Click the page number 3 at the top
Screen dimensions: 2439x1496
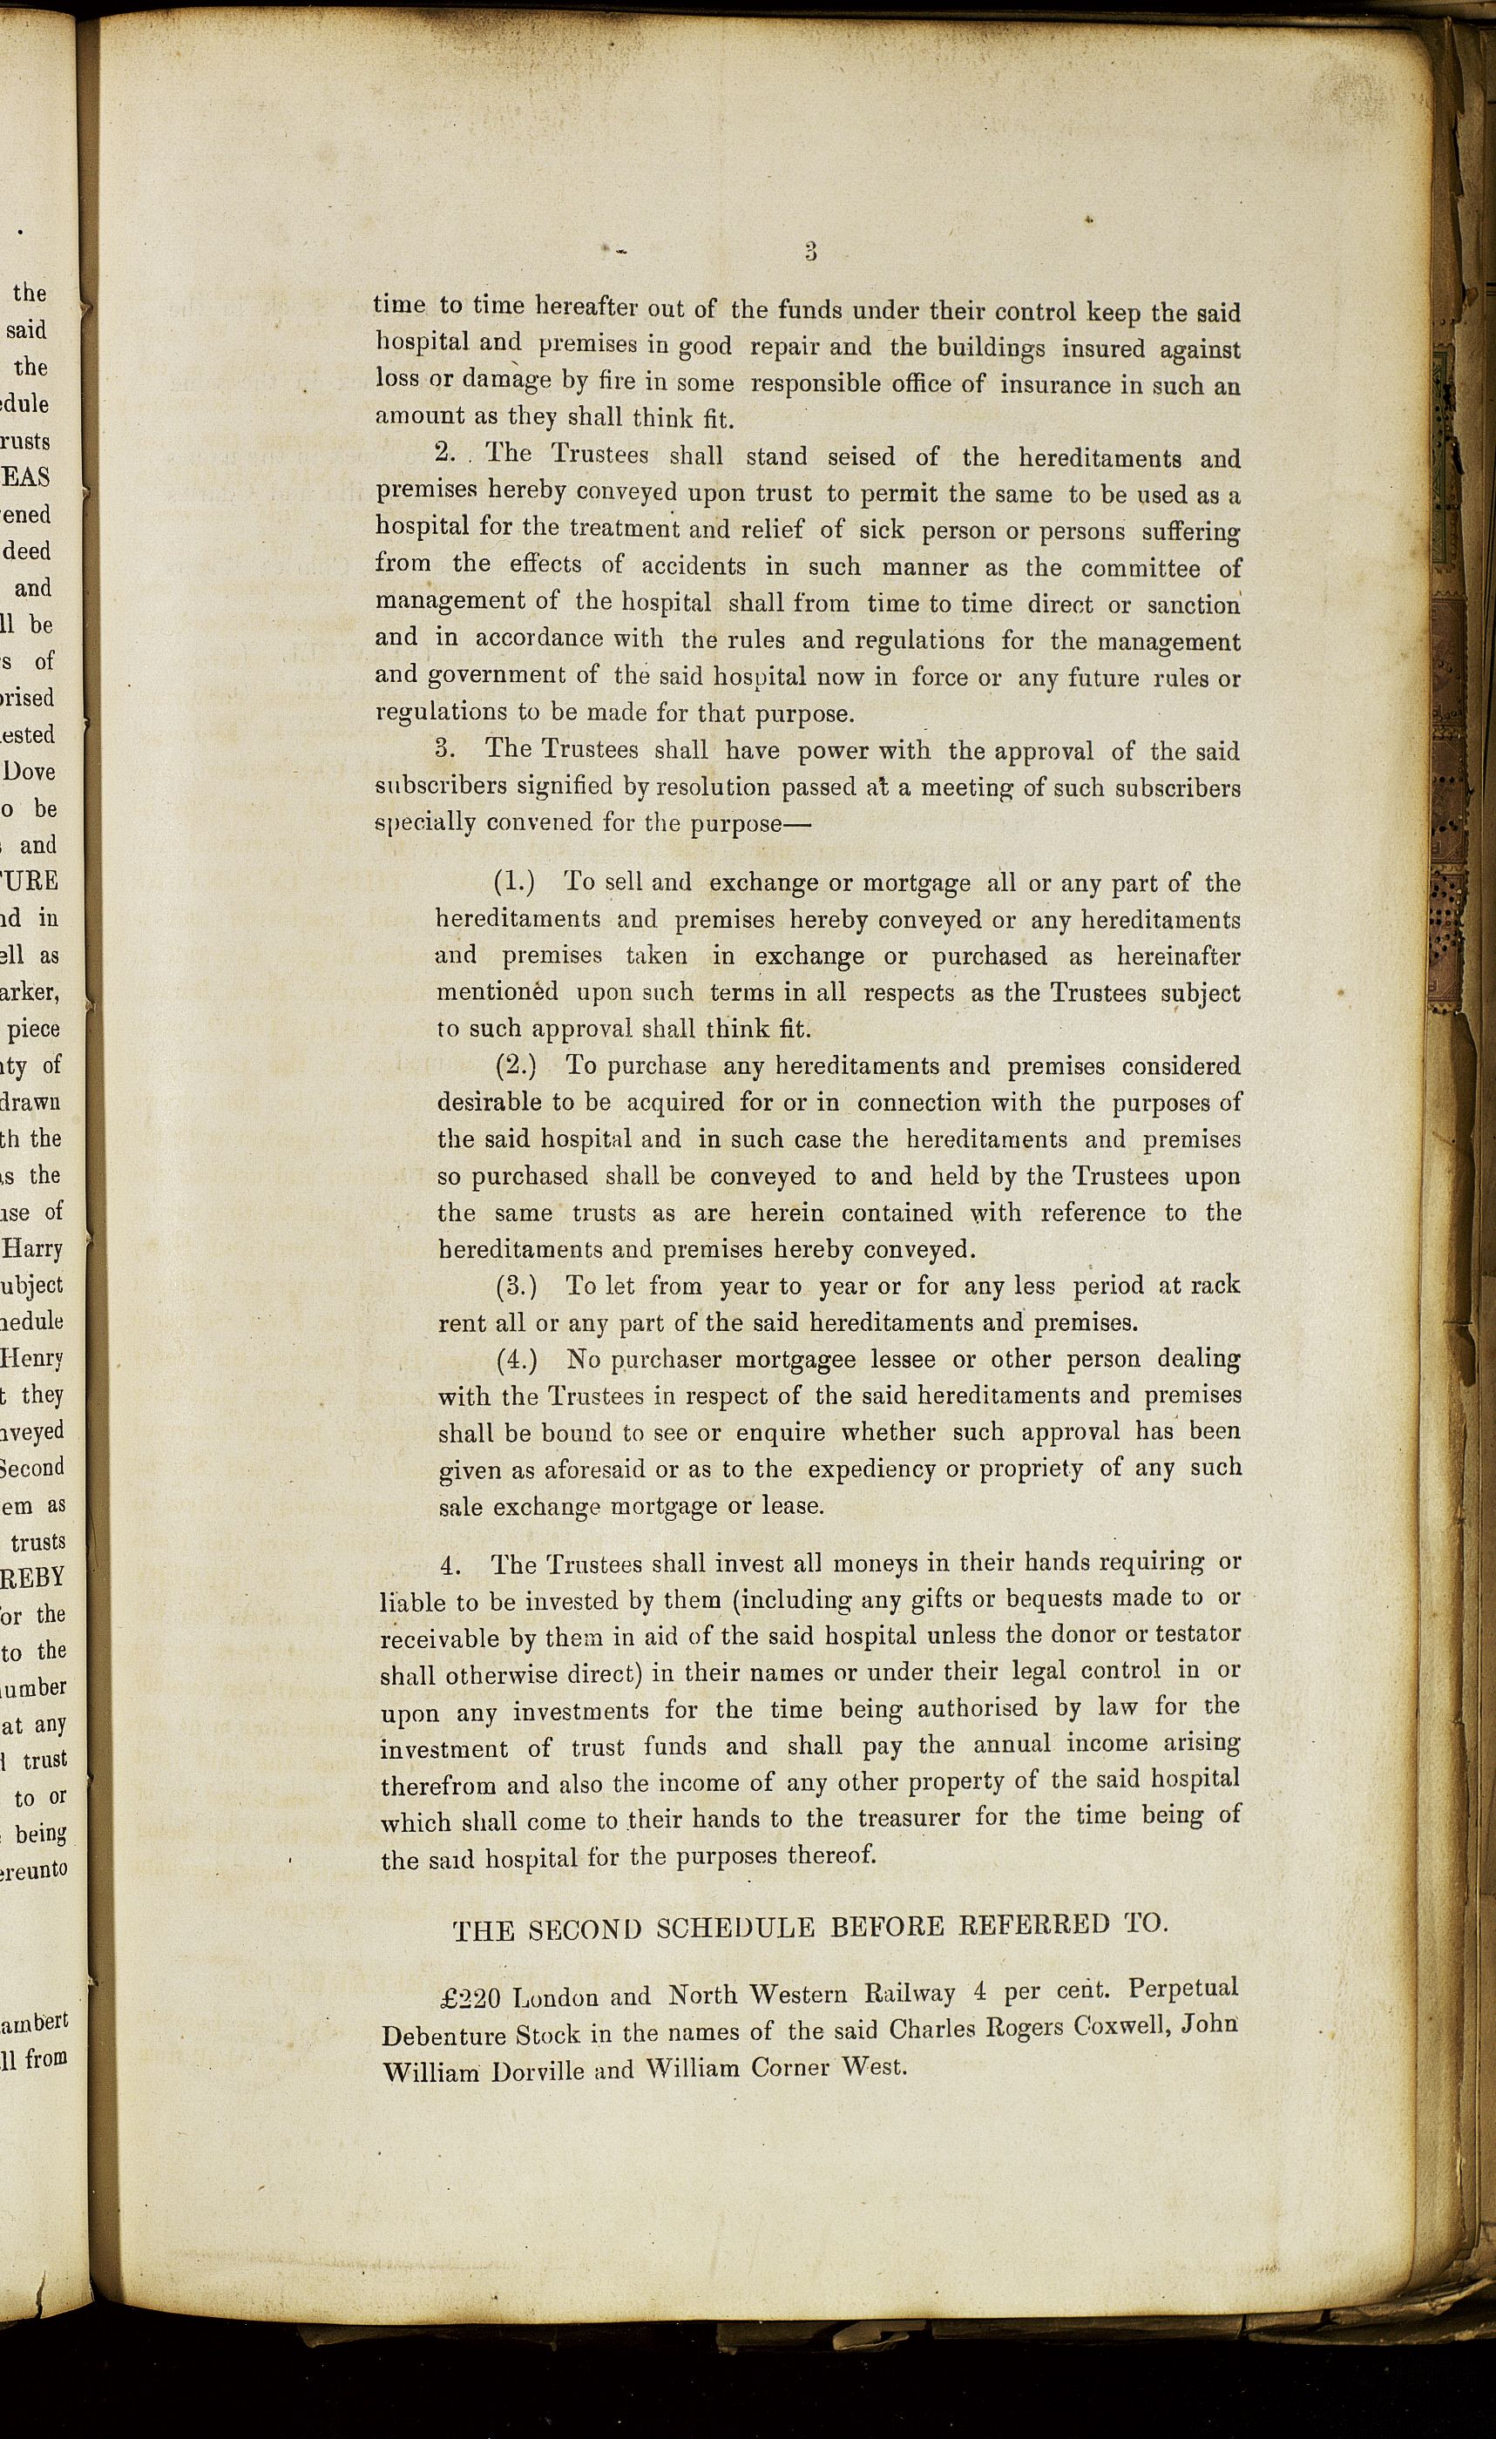click(x=810, y=252)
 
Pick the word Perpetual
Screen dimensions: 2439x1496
click(x=1183, y=1988)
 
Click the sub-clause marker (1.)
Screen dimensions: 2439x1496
click(x=515, y=882)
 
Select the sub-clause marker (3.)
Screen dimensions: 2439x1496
click(x=516, y=1286)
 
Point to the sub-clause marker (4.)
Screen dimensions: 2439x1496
click(x=517, y=1359)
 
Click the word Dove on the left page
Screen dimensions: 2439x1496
click(x=30, y=771)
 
